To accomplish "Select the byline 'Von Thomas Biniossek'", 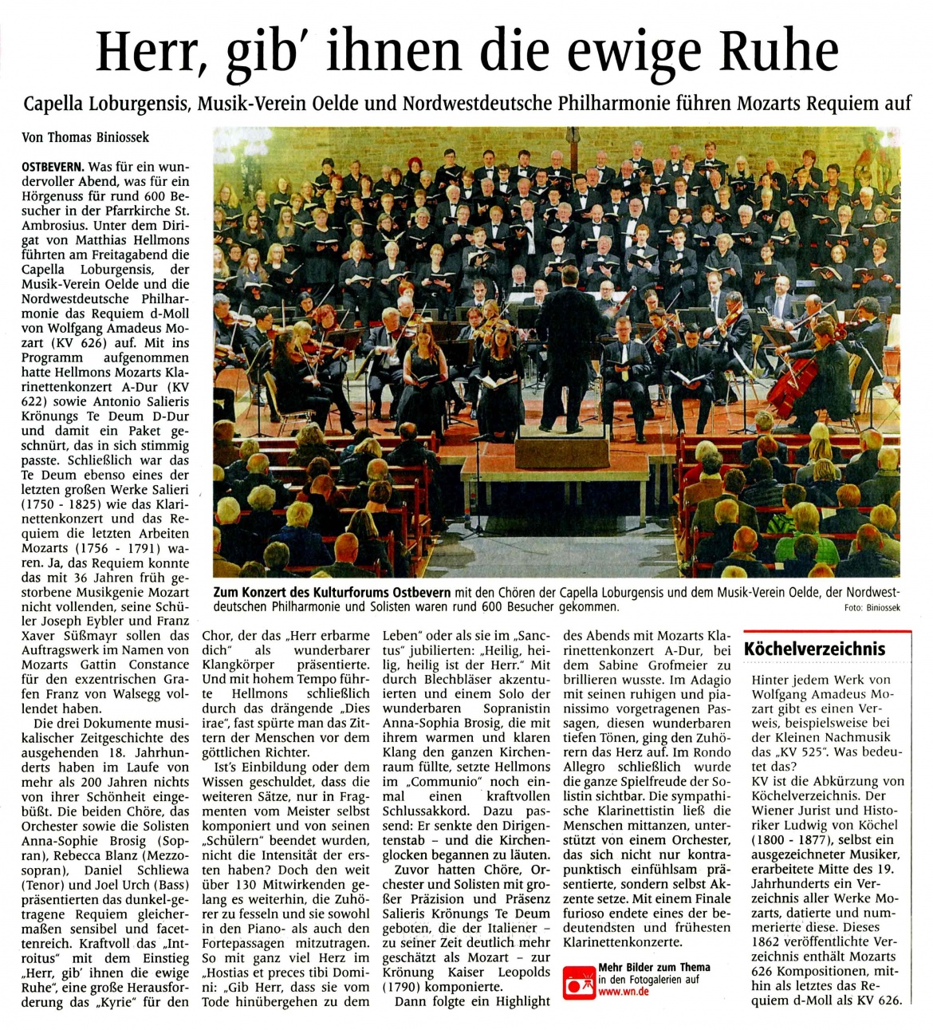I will (x=85, y=137).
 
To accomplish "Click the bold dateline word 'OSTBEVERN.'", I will (x=53, y=168).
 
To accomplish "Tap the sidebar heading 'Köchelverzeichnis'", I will (x=814, y=649).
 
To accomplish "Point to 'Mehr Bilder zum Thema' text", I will (x=654, y=967).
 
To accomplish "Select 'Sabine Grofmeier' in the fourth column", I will (x=648, y=665).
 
